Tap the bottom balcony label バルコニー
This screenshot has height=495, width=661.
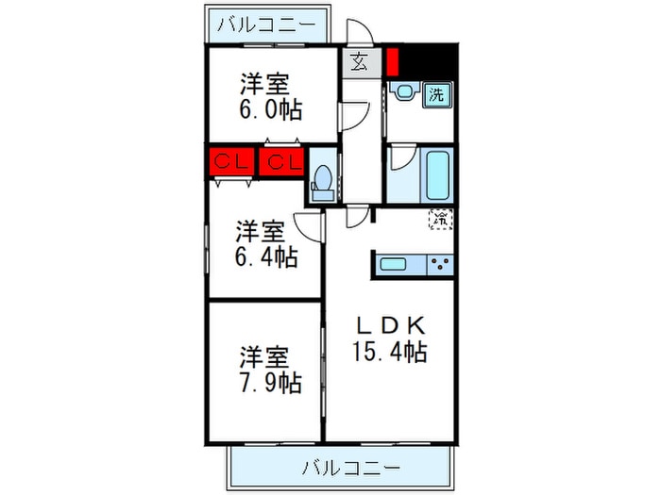coord(351,467)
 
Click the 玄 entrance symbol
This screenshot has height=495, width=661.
coord(361,63)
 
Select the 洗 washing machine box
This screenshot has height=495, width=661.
coord(436,93)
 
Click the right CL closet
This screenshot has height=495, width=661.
coord(282,161)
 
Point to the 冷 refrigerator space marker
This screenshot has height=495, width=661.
coord(440,219)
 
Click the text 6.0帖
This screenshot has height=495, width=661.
coord(270,110)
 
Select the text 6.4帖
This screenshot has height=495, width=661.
coord(266,256)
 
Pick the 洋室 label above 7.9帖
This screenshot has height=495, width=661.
coord(262,358)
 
